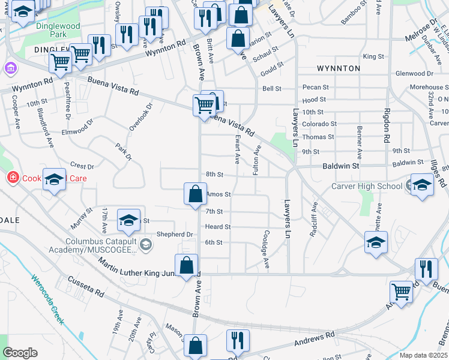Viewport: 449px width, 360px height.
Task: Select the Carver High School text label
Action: [x=367, y=186]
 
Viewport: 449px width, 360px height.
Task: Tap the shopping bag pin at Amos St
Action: [x=196, y=194]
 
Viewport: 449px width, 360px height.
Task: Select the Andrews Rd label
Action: [x=314, y=340]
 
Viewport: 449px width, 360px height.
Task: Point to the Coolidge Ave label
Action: [x=267, y=250]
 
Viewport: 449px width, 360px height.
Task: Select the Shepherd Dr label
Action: [x=174, y=235]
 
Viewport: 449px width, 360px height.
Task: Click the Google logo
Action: [x=20, y=353]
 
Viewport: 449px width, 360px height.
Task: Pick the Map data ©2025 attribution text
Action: [x=423, y=355]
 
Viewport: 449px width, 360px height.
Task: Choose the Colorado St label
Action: [x=319, y=124]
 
